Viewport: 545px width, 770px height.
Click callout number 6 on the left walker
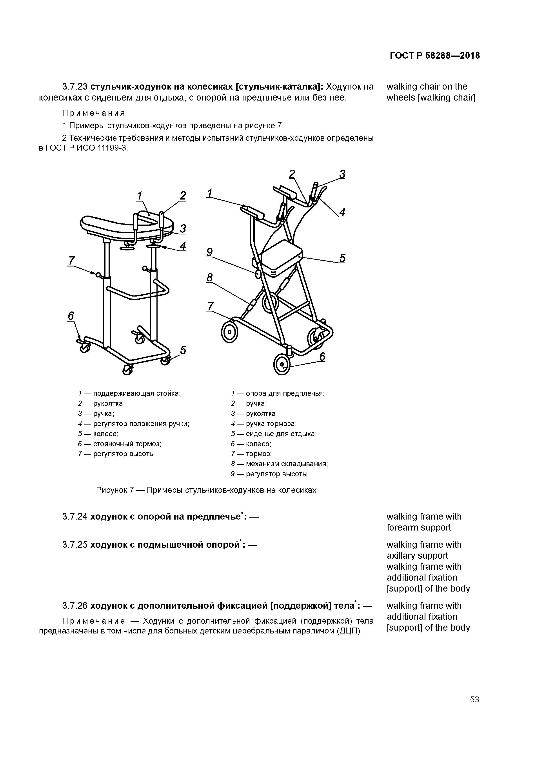[71, 316]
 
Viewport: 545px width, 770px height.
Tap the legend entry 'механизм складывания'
[287, 464]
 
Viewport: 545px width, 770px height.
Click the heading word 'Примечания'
[94, 113]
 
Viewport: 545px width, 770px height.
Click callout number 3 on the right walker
[342, 174]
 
